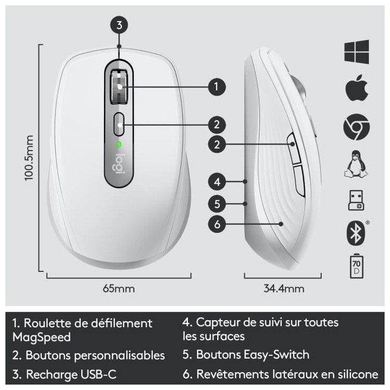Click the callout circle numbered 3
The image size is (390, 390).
119,24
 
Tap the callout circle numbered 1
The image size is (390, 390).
217,86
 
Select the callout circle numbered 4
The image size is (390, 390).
217,181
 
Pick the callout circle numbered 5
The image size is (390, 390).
217,204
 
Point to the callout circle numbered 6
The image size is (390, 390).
217,224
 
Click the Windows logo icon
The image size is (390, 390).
356,51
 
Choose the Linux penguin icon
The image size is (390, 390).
356,164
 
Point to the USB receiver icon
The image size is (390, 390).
356,199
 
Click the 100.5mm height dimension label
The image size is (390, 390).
30,158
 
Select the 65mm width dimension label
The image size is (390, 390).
119,288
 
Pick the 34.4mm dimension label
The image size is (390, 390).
284,288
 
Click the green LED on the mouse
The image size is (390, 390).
119,144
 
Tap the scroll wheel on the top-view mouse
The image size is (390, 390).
119,86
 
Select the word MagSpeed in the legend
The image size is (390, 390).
41,337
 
